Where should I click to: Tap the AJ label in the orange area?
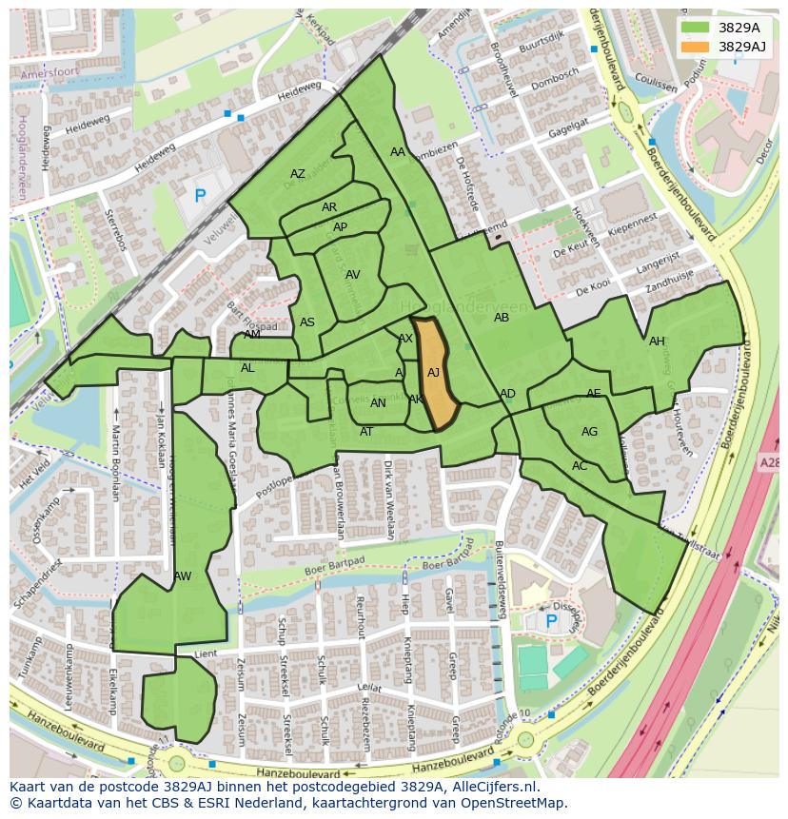tap(434, 373)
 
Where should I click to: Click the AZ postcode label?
tap(298, 174)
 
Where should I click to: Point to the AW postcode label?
tap(183, 576)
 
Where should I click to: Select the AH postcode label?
tap(657, 341)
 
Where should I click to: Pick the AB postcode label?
tap(502, 318)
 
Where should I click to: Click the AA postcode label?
tap(398, 152)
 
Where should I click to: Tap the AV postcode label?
tap(353, 275)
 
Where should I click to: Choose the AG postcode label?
tap(589, 432)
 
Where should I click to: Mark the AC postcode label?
tap(580, 466)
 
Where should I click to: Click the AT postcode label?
tap(366, 432)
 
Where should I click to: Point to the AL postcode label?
tap(247, 368)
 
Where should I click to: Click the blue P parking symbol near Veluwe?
tap(200, 197)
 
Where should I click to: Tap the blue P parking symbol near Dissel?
tap(551, 621)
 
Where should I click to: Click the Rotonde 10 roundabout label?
tap(511, 720)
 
